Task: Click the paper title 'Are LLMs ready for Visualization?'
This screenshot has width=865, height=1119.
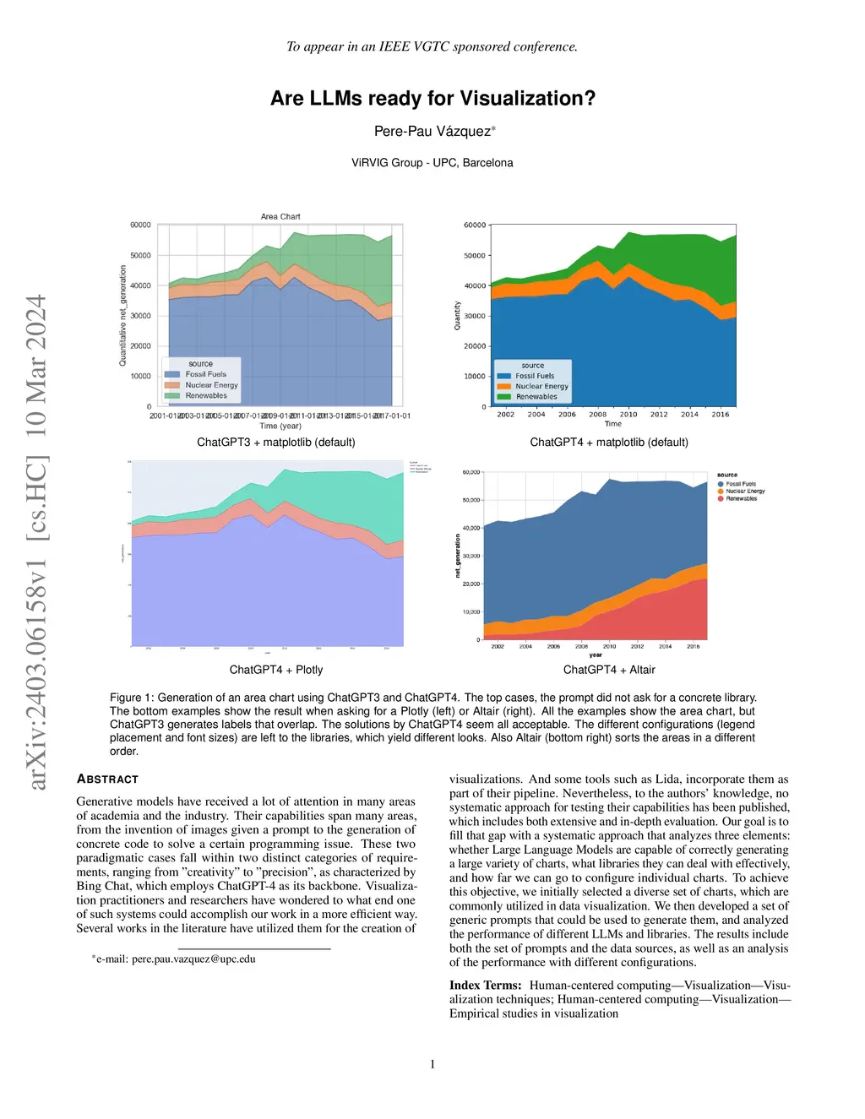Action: click(x=432, y=99)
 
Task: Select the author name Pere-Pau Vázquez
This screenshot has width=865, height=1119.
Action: click(x=432, y=131)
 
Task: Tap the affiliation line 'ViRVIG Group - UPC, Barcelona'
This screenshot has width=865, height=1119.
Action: click(x=432, y=162)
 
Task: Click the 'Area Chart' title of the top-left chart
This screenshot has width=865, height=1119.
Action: click(x=280, y=216)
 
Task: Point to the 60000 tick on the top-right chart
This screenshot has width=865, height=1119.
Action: click(x=475, y=225)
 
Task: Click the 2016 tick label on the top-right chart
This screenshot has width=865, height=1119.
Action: click(x=720, y=414)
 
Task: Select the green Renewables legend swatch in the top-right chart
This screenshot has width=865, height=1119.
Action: click(x=504, y=396)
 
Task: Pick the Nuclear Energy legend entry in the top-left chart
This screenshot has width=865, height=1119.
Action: click(x=211, y=385)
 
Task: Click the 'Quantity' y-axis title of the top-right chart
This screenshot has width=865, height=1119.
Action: click(x=458, y=315)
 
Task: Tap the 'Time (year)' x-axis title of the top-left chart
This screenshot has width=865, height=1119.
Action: click(x=280, y=426)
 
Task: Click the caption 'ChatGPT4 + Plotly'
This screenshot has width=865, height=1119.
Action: click(x=276, y=670)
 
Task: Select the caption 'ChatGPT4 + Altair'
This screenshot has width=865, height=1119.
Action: click(x=609, y=670)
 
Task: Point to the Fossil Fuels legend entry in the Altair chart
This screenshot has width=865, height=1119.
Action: click(x=741, y=484)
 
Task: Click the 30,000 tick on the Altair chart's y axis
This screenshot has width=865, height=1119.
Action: click(x=471, y=556)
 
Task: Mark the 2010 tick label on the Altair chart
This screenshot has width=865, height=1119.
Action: click(x=609, y=646)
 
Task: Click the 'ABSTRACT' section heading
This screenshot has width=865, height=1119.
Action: click(x=107, y=779)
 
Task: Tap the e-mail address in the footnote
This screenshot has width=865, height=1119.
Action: click(x=193, y=959)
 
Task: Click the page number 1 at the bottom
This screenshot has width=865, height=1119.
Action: click(x=432, y=1064)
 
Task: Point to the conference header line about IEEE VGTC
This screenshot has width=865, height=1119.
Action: click(x=432, y=46)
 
